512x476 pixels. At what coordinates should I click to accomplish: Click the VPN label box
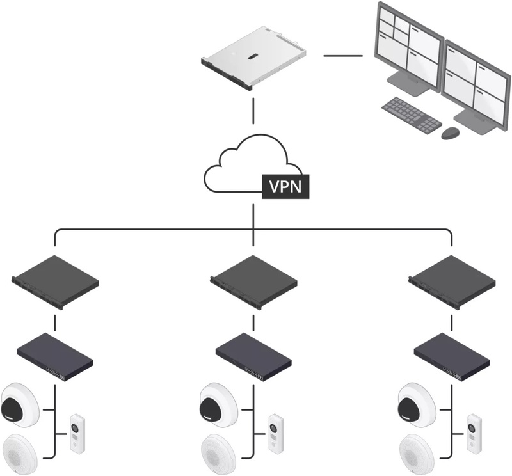(x=285, y=187)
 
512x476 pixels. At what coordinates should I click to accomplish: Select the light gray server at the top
(x=253, y=58)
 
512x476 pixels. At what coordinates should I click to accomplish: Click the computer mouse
(x=451, y=133)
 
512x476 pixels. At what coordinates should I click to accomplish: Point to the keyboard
(x=412, y=115)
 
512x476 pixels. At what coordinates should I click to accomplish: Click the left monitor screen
(x=408, y=48)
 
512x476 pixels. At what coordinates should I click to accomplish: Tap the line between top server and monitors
(x=343, y=56)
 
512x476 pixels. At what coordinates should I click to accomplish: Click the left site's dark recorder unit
(x=55, y=282)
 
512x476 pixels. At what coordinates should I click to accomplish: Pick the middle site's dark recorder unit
(x=253, y=282)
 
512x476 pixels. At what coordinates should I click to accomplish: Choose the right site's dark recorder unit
(x=452, y=282)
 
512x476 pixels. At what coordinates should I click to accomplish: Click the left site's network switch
(x=55, y=357)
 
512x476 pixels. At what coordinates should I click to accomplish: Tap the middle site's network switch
(x=253, y=357)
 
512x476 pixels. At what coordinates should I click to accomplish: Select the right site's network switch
(x=452, y=357)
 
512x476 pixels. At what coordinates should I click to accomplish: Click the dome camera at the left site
(x=20, y=405)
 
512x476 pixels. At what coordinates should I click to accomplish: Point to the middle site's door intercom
(x=276, y=434)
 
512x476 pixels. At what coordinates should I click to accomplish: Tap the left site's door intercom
(x=77, y=434)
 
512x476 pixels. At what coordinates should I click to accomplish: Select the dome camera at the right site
(x=417, y=405)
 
